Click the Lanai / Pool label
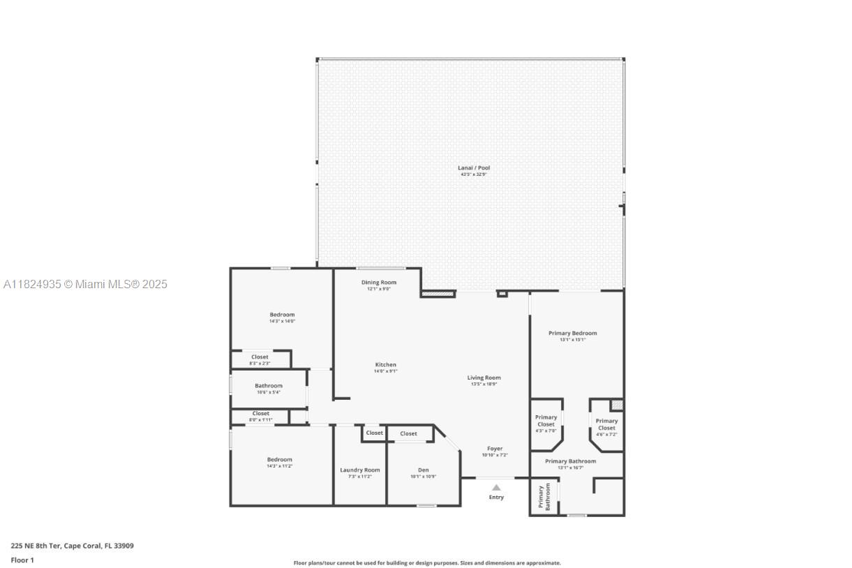coord(474,168)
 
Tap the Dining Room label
coord(379,283)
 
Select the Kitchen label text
coord(385,365)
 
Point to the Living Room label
coord(484,378)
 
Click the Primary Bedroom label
coord(572,334)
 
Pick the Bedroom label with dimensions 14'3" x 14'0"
coord(282,315)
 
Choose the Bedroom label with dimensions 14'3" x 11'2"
coord(279,460)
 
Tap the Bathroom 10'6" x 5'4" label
coord(268,386)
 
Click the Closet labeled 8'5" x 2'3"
coord(260,357)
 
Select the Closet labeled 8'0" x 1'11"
coord(261,414)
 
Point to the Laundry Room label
coord(360,470)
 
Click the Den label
coord(423,470)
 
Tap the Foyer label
coord(494,449)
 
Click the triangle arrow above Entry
coord(495,488)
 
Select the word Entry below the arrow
coord(495,498)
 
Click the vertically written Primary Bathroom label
coord(544,497)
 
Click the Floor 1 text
coord(22,560)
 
